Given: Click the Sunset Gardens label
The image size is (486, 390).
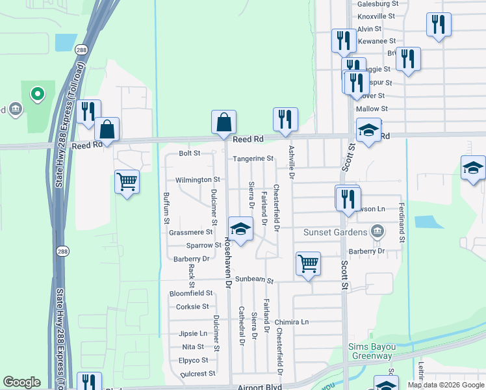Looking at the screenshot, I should (334, 232).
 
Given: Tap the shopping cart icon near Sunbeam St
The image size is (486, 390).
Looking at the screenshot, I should (308, 263).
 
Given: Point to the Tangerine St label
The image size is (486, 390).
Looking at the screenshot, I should (253, 159).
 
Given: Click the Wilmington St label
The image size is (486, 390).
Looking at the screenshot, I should (198, 180).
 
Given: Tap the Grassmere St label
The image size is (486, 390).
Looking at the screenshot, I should (191, 232).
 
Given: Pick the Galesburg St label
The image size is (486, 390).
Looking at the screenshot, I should (377, 3).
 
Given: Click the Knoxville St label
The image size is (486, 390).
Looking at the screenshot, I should (376, 16).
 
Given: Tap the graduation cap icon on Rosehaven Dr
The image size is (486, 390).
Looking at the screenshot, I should (240, 229).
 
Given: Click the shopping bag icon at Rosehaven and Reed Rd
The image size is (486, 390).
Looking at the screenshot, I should (224, 122).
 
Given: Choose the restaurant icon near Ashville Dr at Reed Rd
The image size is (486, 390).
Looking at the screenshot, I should (285, 119).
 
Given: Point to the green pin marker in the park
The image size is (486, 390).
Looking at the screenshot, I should (38, 95).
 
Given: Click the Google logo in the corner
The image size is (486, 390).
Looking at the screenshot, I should (21, 382).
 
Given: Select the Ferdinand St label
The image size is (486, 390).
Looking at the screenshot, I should (402, 222).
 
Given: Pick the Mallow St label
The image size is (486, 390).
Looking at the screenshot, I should (372, 109).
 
